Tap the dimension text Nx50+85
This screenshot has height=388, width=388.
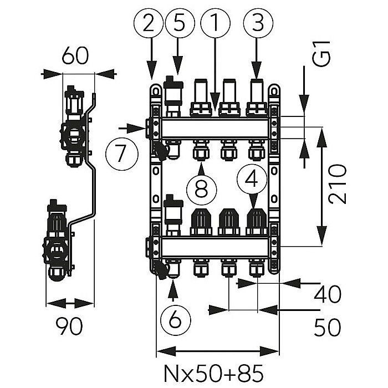point(217,370)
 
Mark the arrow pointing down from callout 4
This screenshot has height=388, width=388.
point(252,203)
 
